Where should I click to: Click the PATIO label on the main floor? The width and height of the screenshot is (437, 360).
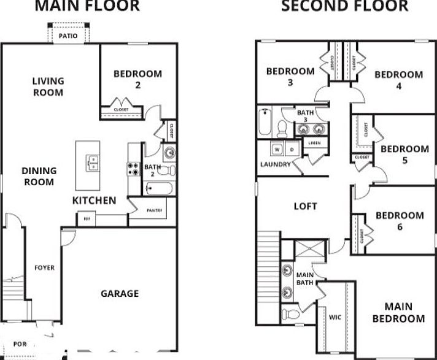pyautogui.click(x=68, y=36)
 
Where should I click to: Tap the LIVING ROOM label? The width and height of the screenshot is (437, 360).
pyautogui.click(x=48, y=86)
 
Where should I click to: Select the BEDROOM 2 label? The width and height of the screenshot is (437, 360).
pyautogui.click(x=138, y=80)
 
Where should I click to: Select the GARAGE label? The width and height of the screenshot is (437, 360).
pyautogui.click(x=120, y=293)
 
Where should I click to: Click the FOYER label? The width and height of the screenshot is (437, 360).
pyautogui.click(x=45, y=267)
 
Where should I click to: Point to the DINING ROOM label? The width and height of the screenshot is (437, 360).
pyautogui.click(x=39, y=176)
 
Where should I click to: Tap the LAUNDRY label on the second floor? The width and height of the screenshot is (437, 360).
pyautogui.click(x=275, y=164)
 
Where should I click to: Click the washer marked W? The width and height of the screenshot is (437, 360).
pyautogui.click(x=277, y=149)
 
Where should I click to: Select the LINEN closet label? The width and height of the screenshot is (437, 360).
pyautogui.click(x=314, y=143)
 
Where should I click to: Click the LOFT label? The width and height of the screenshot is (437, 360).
pyautogui.click(x=305, y=205)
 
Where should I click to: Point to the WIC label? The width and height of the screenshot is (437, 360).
pyautogui.click(x=335, y=317)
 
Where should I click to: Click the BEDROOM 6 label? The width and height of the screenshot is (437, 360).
pyautogui.click(x=400, y=221)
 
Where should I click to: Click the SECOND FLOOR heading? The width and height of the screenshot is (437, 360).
pyautogui.click(x=344, y=6)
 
